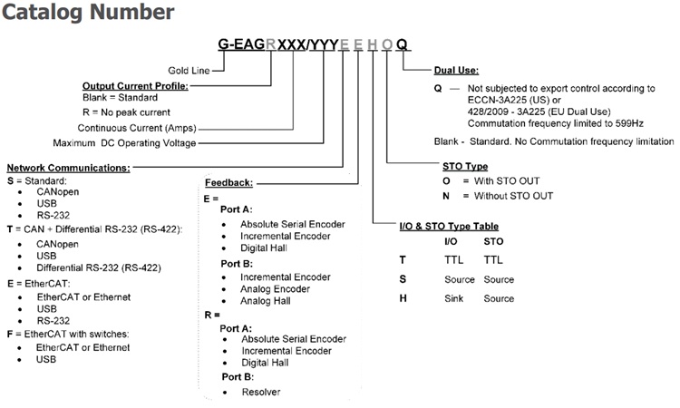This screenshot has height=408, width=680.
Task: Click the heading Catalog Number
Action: (x=87, y=13)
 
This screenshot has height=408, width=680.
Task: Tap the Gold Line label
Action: (x=189, y=70)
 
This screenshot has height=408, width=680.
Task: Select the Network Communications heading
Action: (x=68, y=167)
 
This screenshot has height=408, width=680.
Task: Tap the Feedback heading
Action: (x=228, y=182)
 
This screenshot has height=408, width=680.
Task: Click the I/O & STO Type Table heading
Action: (x=449, y=226)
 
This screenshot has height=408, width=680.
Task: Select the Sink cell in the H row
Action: (x=456, y=298)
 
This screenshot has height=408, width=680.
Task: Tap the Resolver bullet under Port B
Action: (x=261, y=392)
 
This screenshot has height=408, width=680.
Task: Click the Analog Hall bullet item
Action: (x=271, y=301)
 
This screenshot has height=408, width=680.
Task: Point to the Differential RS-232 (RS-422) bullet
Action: (x=99, y=268)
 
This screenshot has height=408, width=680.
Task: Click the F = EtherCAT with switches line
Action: (x=68, y=334)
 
